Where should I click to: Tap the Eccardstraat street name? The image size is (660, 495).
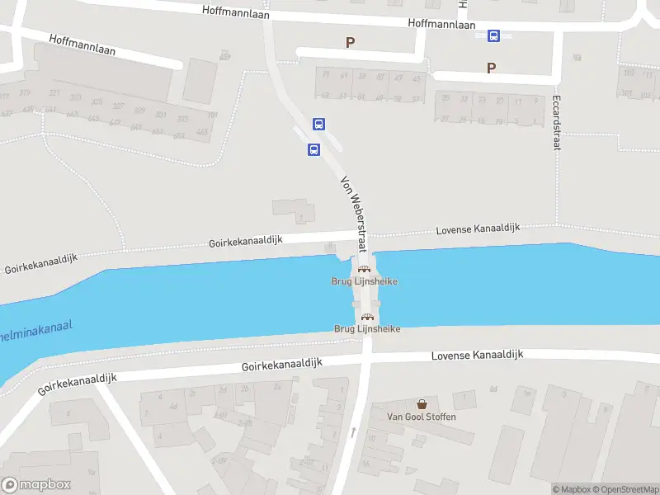point(556,125)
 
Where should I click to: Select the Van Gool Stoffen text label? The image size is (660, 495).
point(422,417)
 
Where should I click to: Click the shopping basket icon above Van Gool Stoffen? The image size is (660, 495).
point(422,404)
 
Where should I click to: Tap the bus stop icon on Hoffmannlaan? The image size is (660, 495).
point(493,35)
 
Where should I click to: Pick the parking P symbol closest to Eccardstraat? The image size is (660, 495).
point(492,68)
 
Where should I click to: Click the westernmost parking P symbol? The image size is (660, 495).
point(350,42)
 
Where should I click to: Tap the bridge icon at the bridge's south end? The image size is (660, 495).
point(367,317)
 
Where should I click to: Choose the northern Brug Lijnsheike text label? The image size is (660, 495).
point(364,281)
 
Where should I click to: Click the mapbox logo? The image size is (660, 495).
point(36,485)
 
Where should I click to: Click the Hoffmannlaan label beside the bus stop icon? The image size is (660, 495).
point(441,25)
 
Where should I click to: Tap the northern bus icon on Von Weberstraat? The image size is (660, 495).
point(318,125)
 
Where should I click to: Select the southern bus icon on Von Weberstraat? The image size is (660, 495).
point(313,149)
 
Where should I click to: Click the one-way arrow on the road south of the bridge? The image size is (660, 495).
point(353,431)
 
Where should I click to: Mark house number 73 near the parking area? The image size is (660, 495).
point(325,76)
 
